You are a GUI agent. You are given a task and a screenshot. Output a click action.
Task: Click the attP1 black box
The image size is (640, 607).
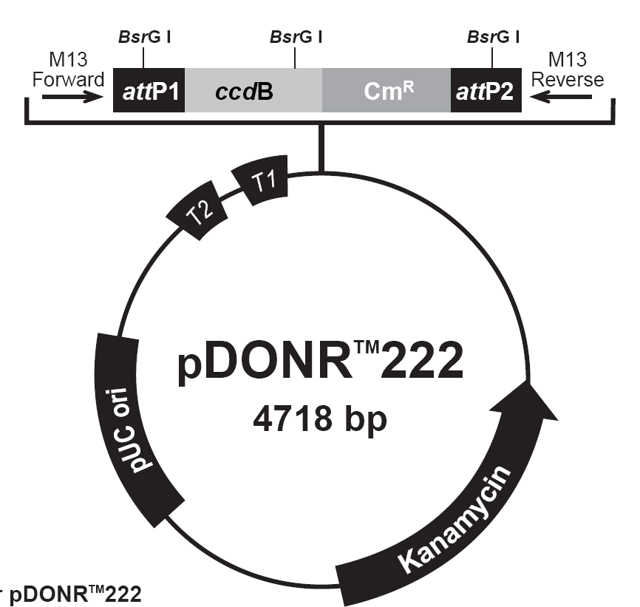(x=149, y=90)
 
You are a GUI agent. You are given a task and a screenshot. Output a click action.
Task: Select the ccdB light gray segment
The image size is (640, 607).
(x=253, y=90)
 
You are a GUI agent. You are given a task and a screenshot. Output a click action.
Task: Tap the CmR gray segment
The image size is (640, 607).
(x=387, y=90)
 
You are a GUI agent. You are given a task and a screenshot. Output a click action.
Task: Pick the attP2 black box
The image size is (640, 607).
(x=486, y=90)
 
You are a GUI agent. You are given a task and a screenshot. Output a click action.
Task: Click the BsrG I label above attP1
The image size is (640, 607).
(x=145, y=37)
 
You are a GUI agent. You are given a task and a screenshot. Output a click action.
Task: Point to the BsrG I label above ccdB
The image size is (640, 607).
(x=296, y=37)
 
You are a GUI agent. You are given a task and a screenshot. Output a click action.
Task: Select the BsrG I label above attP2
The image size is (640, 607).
(x=494, y=37)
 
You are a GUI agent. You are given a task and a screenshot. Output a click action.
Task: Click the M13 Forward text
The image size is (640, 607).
(x=68, y=69)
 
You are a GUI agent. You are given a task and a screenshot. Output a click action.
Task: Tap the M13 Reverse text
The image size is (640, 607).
(x=568, y=69)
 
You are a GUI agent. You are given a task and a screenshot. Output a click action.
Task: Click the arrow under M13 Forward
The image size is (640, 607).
(x=73, y=97)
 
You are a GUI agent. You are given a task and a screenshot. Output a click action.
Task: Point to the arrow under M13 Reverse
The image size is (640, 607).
(x=560, y=97)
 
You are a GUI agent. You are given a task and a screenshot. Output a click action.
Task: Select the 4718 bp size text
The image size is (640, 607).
(x=319, y=419)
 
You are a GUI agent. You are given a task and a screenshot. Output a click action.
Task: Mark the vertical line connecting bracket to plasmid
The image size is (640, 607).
(x=321, y=148)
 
